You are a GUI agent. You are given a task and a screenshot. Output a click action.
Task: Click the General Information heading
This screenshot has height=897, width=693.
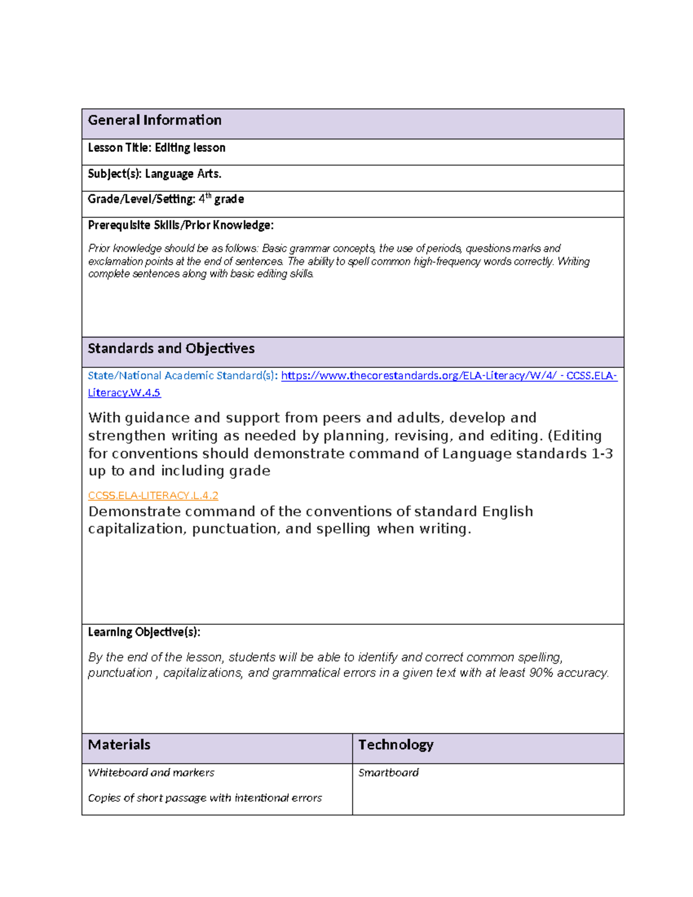click(x=154, y=120)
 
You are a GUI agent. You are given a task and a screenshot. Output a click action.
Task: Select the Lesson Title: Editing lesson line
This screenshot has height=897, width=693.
click(x=157, y=148)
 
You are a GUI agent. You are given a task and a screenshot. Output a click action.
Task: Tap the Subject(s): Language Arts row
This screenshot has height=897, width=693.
click(x=154, y=174)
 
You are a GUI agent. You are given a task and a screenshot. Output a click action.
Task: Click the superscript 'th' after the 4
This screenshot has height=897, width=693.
click(x=208, y=196)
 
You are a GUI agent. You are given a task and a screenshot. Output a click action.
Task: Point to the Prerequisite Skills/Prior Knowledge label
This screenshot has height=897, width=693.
click(x=180, y=225)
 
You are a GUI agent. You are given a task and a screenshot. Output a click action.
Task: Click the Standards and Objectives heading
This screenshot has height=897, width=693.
click(x=171, y=348)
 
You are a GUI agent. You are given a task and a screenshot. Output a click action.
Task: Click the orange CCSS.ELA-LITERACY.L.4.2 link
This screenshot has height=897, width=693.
click(x=153, y=496)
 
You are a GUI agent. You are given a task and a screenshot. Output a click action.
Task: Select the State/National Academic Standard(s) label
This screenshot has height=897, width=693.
click(x=182, y=376)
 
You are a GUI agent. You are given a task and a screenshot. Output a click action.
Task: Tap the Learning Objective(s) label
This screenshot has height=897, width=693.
click(x=144, y=632)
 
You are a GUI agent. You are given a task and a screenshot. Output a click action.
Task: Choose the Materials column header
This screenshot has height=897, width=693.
click(x=119, y=745)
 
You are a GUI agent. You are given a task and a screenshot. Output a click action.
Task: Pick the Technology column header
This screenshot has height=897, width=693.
click(x=396, y=745)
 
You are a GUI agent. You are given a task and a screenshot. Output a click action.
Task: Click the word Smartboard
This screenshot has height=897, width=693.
click(x=388, y=773)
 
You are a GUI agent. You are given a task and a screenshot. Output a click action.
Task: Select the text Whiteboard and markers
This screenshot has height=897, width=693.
click(x=151, y=773)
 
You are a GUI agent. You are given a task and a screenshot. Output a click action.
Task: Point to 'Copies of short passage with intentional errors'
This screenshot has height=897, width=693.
click(x=204, y=798)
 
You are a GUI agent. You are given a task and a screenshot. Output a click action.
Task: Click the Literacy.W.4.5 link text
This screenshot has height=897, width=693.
click(x=124, y=393)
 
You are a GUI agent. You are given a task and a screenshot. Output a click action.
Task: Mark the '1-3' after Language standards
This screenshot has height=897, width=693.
click(x=602, y=453)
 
